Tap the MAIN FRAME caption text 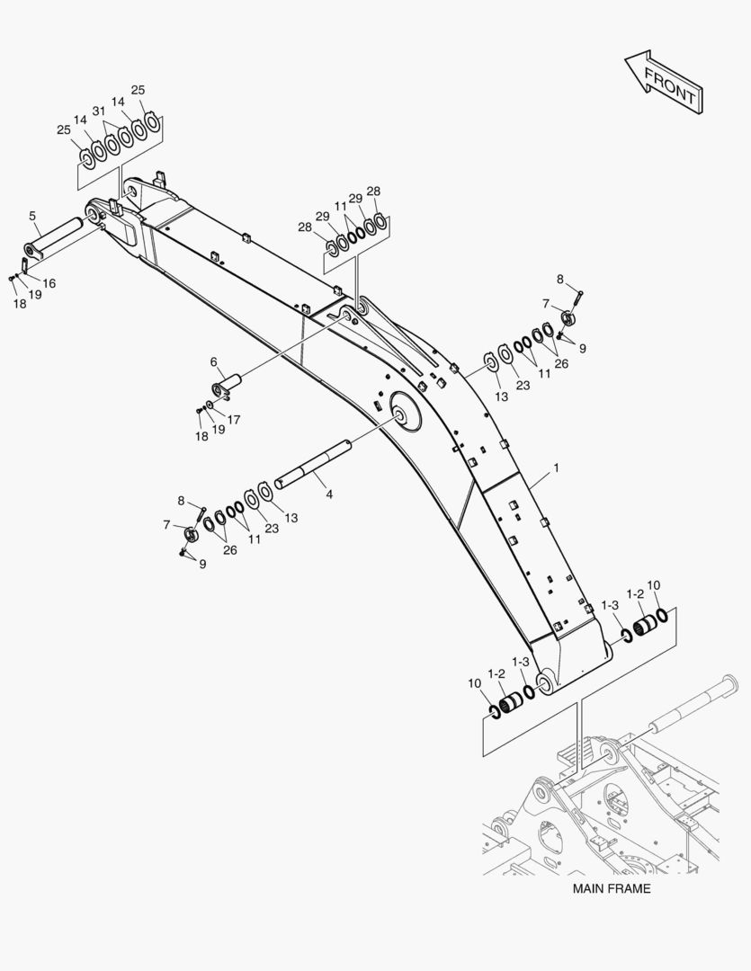612,888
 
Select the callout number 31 98,111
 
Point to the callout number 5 32,216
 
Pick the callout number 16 49,283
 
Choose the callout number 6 214,361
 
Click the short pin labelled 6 229,385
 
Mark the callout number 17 234,419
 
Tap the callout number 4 329,494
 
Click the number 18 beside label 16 19,304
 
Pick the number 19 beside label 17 218,430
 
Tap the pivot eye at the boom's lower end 544,679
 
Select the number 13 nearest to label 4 291,518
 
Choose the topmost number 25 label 138,90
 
